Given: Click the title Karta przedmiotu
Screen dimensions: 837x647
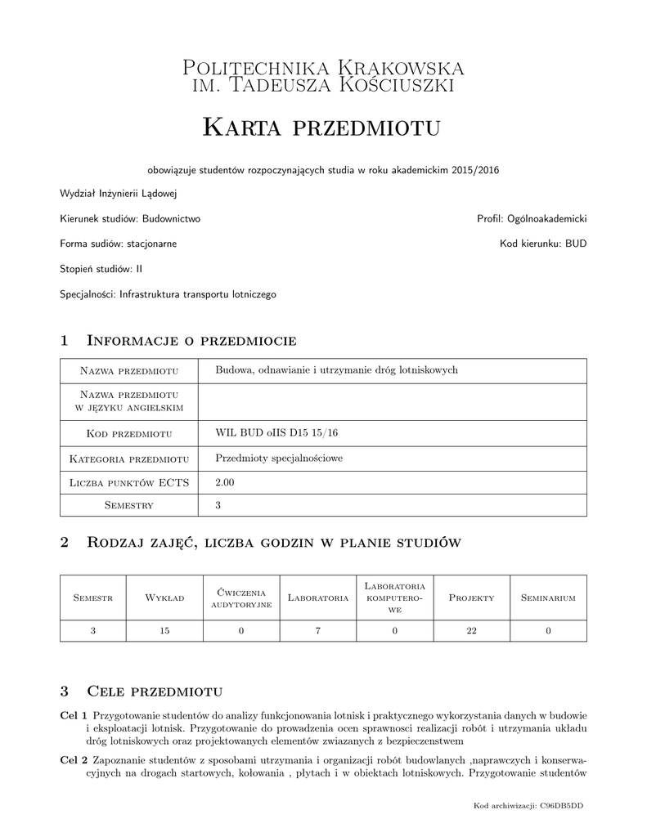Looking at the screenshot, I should pos(322,127).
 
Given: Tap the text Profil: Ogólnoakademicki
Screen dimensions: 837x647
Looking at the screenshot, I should pos(532,219).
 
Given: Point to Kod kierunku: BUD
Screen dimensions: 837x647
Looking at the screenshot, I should pos(543,244).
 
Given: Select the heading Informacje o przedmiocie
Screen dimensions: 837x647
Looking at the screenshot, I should pos(191,340).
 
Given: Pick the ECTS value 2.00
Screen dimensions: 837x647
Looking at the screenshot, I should pos(224,483).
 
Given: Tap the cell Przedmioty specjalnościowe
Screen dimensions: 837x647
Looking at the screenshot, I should pos(279,458).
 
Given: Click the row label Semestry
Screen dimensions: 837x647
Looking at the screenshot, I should pos(129,505).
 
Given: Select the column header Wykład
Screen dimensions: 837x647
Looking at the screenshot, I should pos(164,598).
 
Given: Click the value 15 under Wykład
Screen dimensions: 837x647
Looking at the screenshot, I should pos(164,630).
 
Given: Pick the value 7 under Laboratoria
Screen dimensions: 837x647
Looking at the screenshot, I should pos(317,630).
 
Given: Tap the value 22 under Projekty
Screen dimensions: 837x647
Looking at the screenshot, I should pos(471,630).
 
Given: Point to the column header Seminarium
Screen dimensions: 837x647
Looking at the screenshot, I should pos(548,598).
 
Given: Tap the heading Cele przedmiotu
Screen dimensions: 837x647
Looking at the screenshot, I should pos(155,691).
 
